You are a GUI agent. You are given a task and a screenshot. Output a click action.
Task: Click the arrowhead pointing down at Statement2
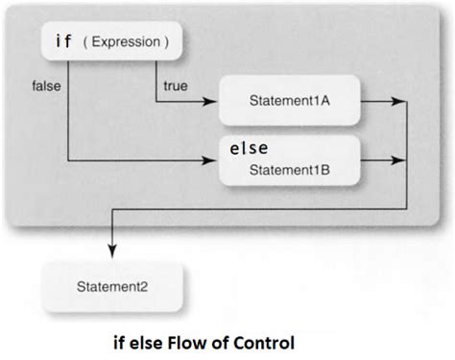tap(114, 251)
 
